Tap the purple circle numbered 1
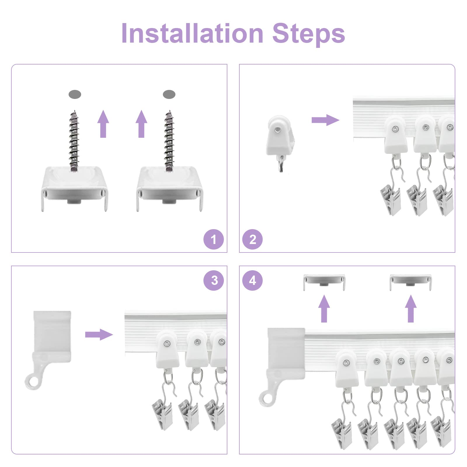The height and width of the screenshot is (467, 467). pos(214,240)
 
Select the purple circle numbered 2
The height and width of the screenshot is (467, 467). pos(252,240)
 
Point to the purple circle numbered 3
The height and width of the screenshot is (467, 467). pos(214,280)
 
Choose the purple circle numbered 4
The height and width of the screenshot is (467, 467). pos(252,280)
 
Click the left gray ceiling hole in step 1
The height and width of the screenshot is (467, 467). pos(75,95)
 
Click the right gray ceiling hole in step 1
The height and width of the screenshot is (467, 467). pos(169,95)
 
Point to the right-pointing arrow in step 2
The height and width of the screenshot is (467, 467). pos(325,120)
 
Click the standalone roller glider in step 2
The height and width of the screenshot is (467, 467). pos(279,140)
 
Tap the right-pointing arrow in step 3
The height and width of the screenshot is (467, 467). pos(99,334)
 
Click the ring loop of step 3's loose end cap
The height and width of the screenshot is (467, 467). pos(33,381)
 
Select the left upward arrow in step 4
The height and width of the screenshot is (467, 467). pos(324,309)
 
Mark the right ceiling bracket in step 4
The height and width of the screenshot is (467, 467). pos(411,282)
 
